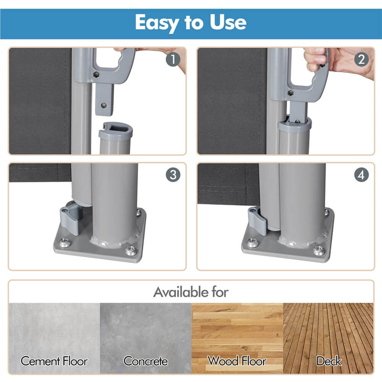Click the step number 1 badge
(173, 59)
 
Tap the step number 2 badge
(361, 59)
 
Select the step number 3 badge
(173, 175)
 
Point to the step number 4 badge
(361, 175)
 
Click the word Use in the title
(228, 22)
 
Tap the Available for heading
(191, 292)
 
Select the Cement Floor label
(54, 361)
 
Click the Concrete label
(146, 361)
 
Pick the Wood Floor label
(237, 361)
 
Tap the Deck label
(329, 361)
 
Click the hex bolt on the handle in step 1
(96, 74)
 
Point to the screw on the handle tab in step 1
(104, 105)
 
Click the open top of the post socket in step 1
(116, 129)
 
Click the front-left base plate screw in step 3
(64, 243)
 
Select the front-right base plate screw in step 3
(131, 250)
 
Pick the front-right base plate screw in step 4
(319, 250)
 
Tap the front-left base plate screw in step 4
(253, 243)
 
